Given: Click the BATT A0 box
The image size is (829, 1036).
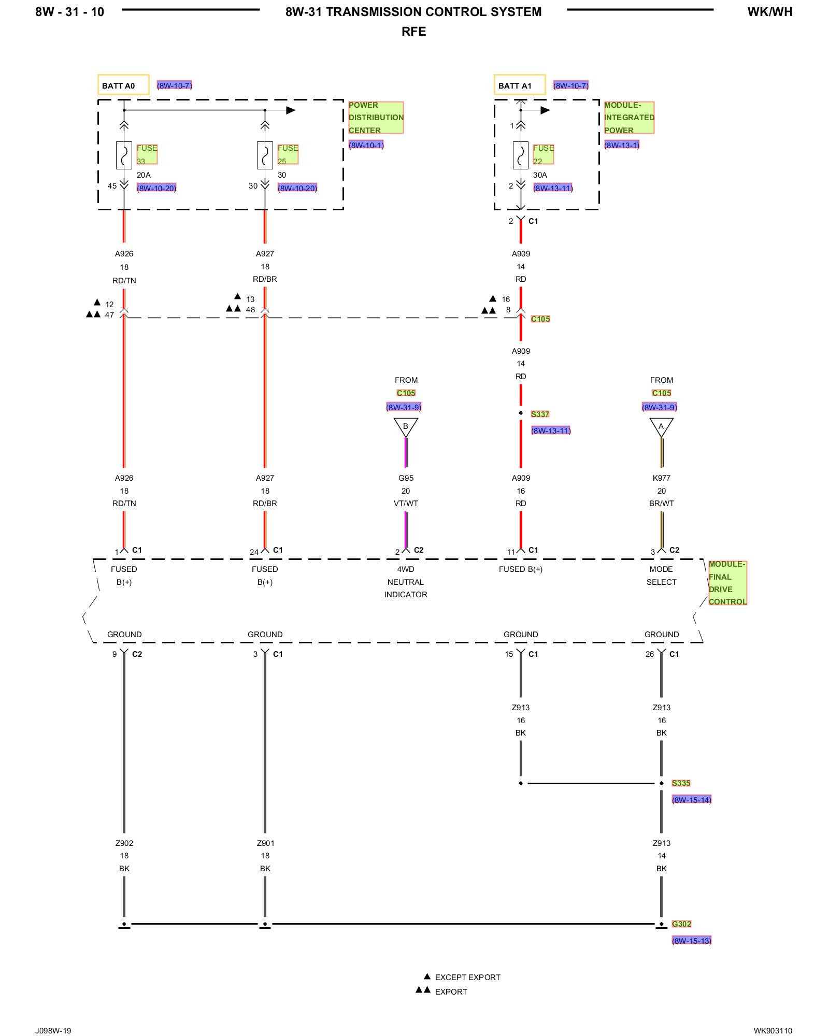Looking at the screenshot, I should coord(123,85).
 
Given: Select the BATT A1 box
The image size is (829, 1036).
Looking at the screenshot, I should coord(519,85).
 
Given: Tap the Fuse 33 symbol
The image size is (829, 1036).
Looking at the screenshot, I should coord(124,155).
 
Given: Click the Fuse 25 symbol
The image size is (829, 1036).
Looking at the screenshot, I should coord(265,155).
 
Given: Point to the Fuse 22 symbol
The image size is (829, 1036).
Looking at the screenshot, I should coord(521,155).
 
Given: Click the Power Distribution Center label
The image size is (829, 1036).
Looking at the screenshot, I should coord(375,118).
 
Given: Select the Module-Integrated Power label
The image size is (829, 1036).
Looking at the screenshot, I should coord(628,118).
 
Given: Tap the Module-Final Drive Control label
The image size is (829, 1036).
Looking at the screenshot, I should coord(727,583).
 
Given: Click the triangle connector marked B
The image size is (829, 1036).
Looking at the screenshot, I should coord(406,427).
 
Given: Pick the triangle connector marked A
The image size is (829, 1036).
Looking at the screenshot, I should coord(661,427).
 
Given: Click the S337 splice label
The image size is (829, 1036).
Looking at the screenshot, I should coord(539,414).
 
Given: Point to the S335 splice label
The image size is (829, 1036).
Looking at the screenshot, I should coord(681,783).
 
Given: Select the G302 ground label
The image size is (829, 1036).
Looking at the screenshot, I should coord(681,924).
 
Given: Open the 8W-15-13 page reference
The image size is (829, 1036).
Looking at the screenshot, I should coord(691,940).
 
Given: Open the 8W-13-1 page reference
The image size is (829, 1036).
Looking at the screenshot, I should coord(622,145).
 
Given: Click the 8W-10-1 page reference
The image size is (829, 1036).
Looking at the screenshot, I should coord(366,145).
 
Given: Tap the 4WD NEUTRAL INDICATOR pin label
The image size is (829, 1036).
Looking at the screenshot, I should coord(406,582).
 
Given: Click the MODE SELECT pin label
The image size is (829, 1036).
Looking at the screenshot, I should coord(661,575).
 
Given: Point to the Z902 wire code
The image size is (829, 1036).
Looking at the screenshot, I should coord(124,843).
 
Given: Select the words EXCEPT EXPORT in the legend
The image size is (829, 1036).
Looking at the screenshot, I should coord(467,977).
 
